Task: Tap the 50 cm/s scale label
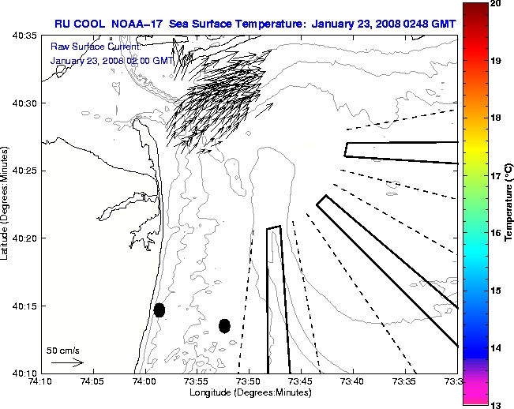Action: [x=64, y=350]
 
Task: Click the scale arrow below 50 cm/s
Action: [x=67, y=362]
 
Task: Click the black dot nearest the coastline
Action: [x=159, y=310]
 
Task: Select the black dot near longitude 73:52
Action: [x=224, y=325]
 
